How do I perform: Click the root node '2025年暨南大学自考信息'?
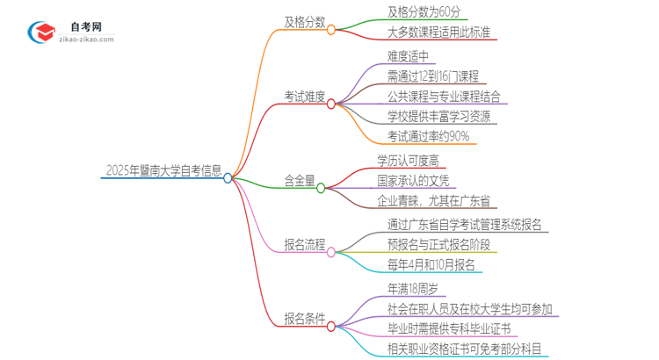[x=163, y=170]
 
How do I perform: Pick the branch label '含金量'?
[x=299, y=180]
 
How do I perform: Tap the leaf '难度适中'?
[x=409, y=55]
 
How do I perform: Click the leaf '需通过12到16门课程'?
[x=432, y=76]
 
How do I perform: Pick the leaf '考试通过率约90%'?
[x=428, y=136]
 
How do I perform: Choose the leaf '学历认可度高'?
[x=408, y=160]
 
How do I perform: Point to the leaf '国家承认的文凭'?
[x=413, y=180]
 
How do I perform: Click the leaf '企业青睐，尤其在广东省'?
[x=434, y=201]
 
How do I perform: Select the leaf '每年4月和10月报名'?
[x=431, y=265]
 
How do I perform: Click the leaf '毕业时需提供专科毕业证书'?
[x=448, y=329]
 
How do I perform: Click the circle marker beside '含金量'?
[x=322, y=187]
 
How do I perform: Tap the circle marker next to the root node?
[x=228, y=177]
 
